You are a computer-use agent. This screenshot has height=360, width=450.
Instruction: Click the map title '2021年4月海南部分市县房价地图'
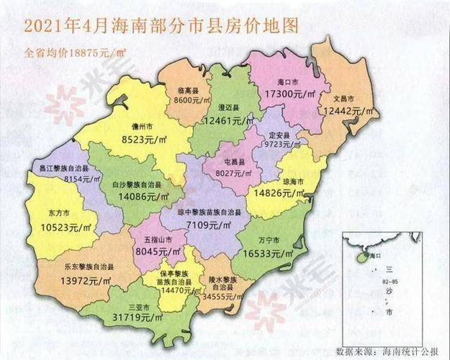pyautogui.click(x=161, y=27)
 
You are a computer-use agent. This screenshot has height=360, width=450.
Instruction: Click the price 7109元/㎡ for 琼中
pyautogui.click(x=212, y=225)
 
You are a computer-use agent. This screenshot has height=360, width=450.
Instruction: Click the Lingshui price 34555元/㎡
pyautogui.click(x=221, y=296)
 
